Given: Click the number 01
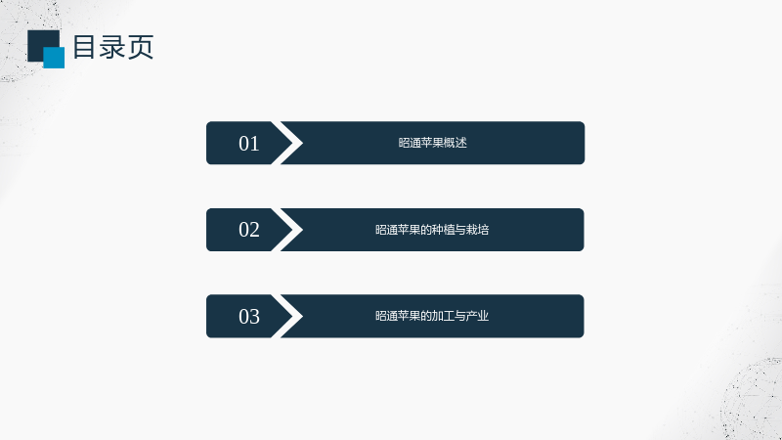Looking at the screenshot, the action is point(249,144).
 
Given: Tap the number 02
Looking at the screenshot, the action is point(249,230).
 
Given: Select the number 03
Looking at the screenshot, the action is point(249,316).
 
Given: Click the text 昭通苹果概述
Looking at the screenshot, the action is point(432,143).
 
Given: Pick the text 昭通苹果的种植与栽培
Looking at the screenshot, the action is point(432,230).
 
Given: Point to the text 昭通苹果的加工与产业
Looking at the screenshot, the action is point(432,316).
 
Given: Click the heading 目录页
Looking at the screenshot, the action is point(113,47).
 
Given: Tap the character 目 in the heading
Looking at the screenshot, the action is point(84,47).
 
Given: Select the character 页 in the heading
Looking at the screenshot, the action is point(141,47).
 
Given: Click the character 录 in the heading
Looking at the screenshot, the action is point(112,47).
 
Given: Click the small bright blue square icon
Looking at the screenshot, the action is point(54,58).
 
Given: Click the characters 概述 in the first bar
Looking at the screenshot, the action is point(456,143).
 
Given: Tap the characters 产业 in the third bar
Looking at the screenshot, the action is point(478,316).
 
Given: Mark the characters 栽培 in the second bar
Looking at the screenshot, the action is point(478,230).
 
